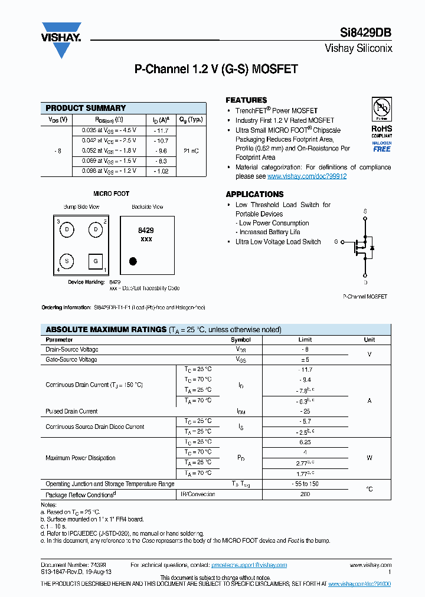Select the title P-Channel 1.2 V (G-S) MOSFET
point(216,69)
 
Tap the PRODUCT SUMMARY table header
point(86,108)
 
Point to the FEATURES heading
point(246,100)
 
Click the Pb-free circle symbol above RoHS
point(381,108)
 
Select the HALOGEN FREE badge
point(381,146)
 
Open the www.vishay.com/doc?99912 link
point(307,176)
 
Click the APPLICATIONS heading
point(254,194)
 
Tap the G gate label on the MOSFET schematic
point(336,242)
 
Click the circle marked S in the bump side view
point(67,260)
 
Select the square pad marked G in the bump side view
point(96,261)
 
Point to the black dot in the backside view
point(133,261)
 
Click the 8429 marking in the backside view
point(146,231)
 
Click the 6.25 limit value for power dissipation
point(305,442)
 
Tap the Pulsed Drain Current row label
point(71,411)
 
